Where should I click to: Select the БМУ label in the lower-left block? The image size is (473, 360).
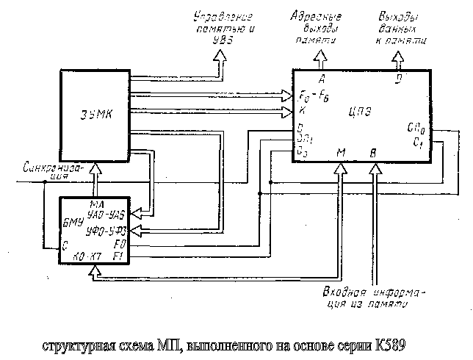72,221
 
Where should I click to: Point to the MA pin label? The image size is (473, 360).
94,204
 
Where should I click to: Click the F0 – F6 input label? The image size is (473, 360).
314,96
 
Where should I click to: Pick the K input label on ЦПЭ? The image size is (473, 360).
303,110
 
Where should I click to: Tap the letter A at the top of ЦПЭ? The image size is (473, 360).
322,78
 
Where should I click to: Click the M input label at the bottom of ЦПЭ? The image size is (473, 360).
341,153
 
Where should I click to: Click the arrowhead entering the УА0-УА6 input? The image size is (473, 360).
137,214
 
